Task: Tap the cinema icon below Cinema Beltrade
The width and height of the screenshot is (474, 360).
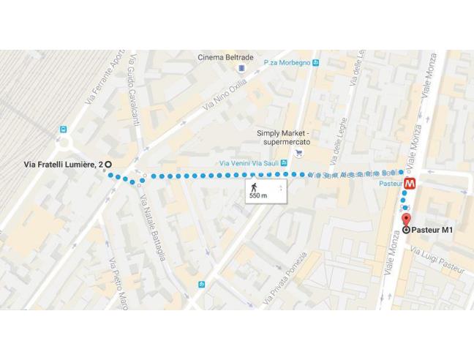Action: tap(241, 69)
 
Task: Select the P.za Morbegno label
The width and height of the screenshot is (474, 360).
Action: tap(287, 63)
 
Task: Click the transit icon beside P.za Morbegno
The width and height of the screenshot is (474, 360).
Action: tap(316, 63)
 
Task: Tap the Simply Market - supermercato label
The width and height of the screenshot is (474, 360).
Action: tap(284, 137)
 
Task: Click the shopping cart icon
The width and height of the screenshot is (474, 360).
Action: tap(298, 153)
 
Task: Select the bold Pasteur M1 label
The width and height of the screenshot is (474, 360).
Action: tap(434, 230)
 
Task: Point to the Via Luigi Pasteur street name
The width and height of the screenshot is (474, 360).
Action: tap(437, 261)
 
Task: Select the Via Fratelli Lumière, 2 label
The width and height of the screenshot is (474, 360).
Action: tap(61, 165)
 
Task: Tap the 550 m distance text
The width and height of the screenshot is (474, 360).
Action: tap(258, 197)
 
